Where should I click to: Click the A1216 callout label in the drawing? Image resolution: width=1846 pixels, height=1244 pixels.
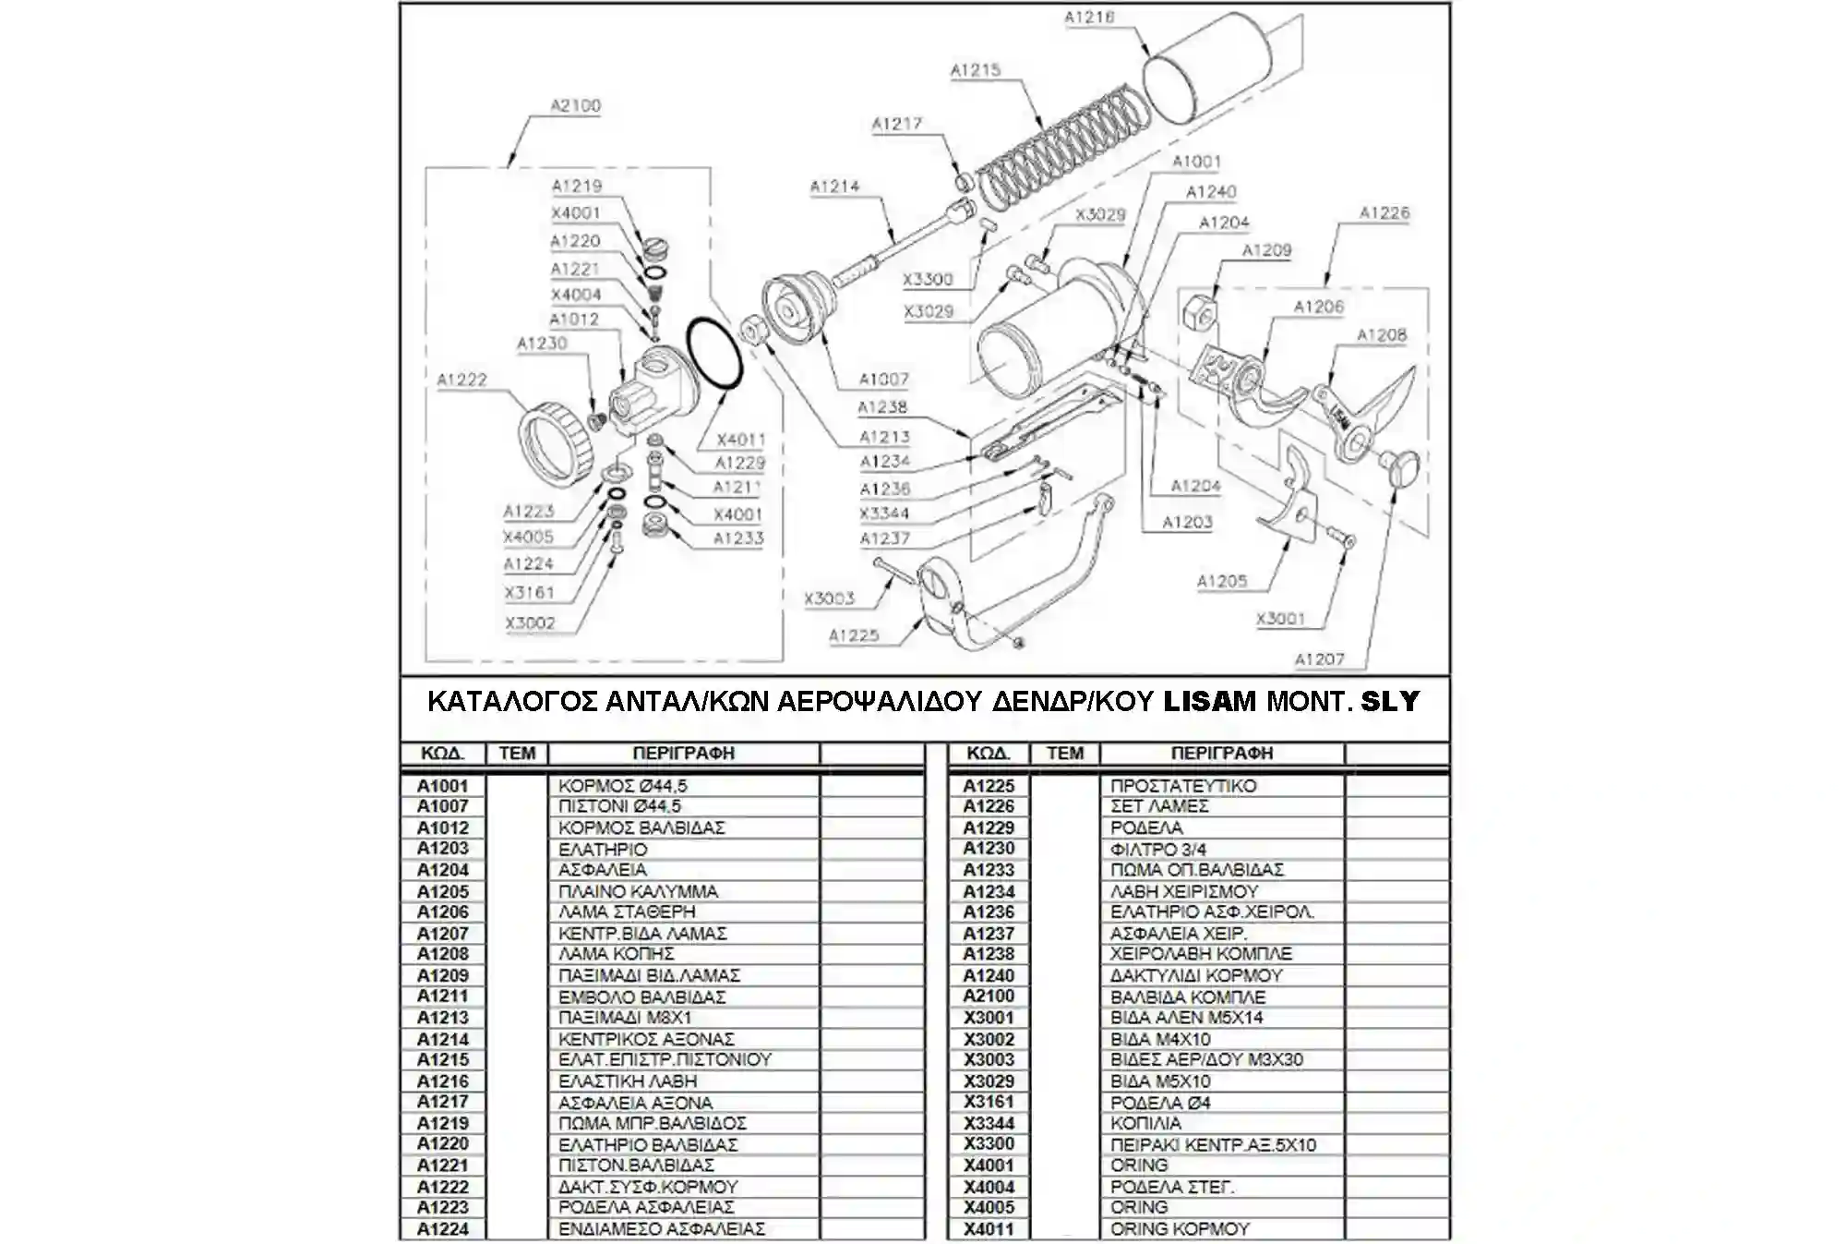pos(1089,17)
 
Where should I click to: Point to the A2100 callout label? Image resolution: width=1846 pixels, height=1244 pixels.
pos(575,105)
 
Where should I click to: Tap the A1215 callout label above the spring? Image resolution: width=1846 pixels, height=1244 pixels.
pos(976,70)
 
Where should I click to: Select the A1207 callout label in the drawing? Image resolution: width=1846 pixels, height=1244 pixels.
pos(1319,659)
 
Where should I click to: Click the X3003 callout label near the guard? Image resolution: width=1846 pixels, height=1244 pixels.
pos(829,598)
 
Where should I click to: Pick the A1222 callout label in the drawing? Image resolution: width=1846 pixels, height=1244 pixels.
pos(461,380)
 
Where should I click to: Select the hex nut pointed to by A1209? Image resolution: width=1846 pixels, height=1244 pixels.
pos(1200,311)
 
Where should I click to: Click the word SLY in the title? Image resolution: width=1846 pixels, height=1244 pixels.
pos(1390,702)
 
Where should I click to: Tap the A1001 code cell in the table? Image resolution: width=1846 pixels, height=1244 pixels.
pos(443,786)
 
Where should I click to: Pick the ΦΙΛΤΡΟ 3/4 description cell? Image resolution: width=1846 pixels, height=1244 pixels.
pos(1158,849)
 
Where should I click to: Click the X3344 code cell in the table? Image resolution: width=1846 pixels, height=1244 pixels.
pos(989,1123)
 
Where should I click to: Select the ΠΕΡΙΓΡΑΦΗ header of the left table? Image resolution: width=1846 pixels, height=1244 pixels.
pos(683,754)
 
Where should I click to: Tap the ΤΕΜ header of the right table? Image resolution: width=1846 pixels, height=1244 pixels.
pos(1064,754)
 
